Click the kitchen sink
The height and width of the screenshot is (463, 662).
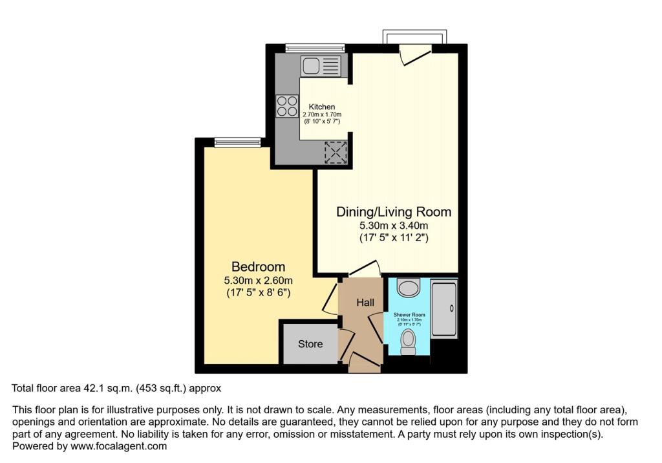pyautogui.click(x=320, y=66)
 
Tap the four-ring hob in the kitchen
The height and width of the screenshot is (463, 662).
pyautogui.click(x=286, y=106)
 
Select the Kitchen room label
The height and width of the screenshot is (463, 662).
pyautogui.click(x=321, y=107)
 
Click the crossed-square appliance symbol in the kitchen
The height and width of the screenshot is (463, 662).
pyautogui.click(x=336, y=151)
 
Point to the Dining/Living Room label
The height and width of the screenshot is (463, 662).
pyautogui.click(x=394, y=212)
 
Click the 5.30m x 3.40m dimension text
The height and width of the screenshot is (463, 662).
pyautogui.click(x=394, y=226)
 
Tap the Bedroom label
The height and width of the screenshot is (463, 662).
pyautogui.click(x=259, y=266)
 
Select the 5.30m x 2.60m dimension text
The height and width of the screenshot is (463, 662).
pyautogui.click(x=259, y=280)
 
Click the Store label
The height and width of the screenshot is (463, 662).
pyautogui.click(x=310, y=344)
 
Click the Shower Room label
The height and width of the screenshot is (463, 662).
pyautogui.click(x=407, y=315)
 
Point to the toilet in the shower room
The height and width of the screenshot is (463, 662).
pyautogui.click(x=408, y=341)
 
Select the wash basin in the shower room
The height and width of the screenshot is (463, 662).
pyautogui.click(x=408, y=287)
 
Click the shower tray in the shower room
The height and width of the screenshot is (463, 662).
pyautogui.click(x=445, y=308)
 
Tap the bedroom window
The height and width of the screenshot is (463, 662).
pyautogui.click(x=237, y=142)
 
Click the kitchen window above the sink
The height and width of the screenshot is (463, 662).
pyautogui.click(x=315, y=47)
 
